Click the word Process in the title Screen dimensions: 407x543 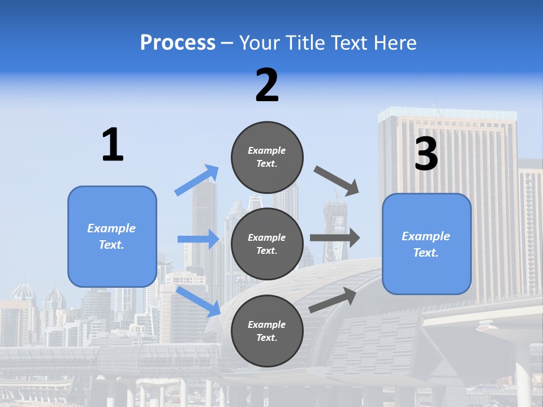tap(178, 43)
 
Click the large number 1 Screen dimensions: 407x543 tap(113, 145)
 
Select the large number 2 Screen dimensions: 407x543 tap(267, 85)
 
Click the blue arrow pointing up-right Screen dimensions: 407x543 tap(197, 180)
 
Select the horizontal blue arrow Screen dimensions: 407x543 tap(199, 239)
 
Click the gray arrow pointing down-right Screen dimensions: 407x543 tap(337, 180)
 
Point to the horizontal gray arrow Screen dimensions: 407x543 tap(335, 237)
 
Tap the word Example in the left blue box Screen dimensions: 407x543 tap(111, 228)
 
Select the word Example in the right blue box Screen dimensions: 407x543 tap(426, 236)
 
